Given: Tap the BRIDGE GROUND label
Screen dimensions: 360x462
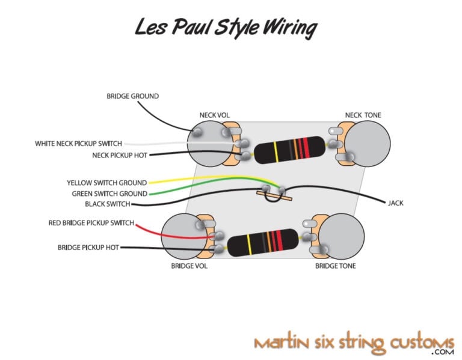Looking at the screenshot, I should [132, 96].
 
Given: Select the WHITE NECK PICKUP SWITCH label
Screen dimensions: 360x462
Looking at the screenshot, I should [78, 144].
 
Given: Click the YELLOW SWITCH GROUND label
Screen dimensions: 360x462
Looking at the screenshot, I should [106, 183].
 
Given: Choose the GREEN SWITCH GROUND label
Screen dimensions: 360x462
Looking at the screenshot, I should [109, 194].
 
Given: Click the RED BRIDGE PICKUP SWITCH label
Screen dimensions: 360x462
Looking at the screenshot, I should [91, 223].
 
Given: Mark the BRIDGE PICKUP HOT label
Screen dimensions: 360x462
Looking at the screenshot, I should [88, 247].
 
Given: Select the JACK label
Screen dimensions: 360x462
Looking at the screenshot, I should [396, 203].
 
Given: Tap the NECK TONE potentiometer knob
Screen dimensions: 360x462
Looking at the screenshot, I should [369, 143].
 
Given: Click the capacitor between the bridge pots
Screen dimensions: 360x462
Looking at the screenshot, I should [265, 243].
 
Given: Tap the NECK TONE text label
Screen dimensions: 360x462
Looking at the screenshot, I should [363, 115].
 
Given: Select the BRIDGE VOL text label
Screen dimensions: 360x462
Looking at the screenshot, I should [189, 265].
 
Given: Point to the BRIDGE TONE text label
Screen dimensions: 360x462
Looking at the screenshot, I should [335, 265].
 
